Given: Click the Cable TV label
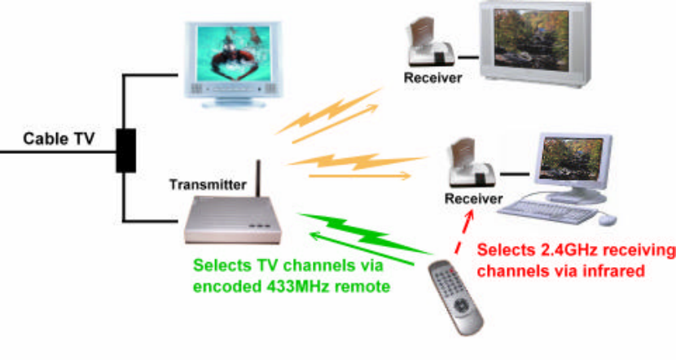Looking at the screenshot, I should [59, 138].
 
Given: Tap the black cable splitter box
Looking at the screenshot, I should [125, 150].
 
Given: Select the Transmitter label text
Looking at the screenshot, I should [207, 184].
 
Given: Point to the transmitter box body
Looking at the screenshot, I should [233, 221].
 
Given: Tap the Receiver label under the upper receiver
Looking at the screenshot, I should [433, 77].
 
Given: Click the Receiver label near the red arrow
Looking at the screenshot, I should [473, 199].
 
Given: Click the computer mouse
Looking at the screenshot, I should [608, 219].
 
